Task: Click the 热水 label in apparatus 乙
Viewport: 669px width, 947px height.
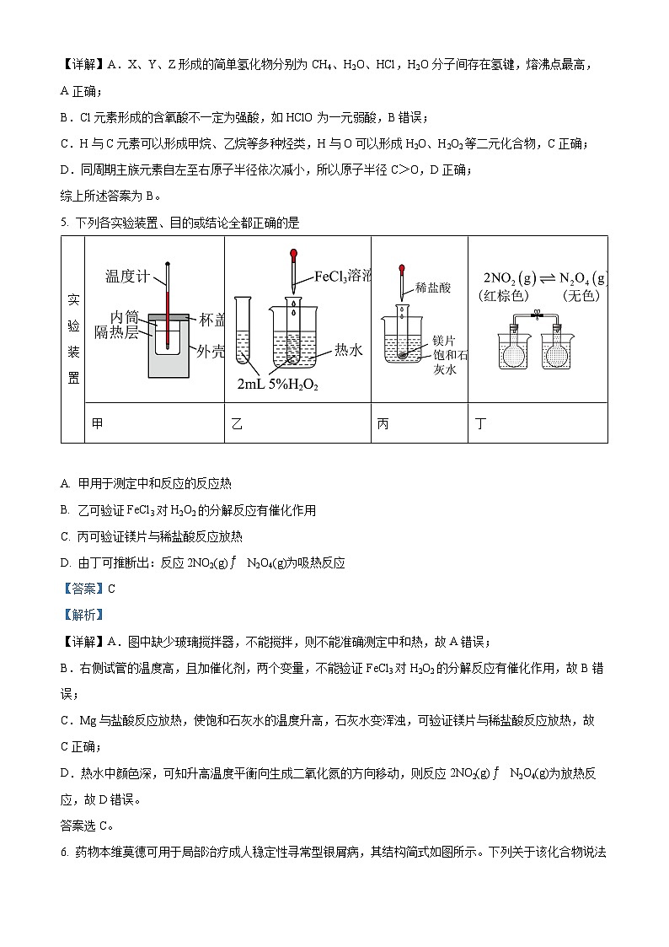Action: click(349, 348)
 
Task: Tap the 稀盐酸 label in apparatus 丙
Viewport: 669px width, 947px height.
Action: click(433, 288)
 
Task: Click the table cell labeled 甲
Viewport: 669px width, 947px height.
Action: click(98, 424)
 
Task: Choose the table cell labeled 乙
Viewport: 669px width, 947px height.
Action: click(237, 424)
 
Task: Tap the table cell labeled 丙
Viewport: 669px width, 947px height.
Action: click(383, 424)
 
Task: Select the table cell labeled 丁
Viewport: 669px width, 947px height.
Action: click(481, 424)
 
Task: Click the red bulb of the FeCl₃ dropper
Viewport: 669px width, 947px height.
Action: click(293, 252)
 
